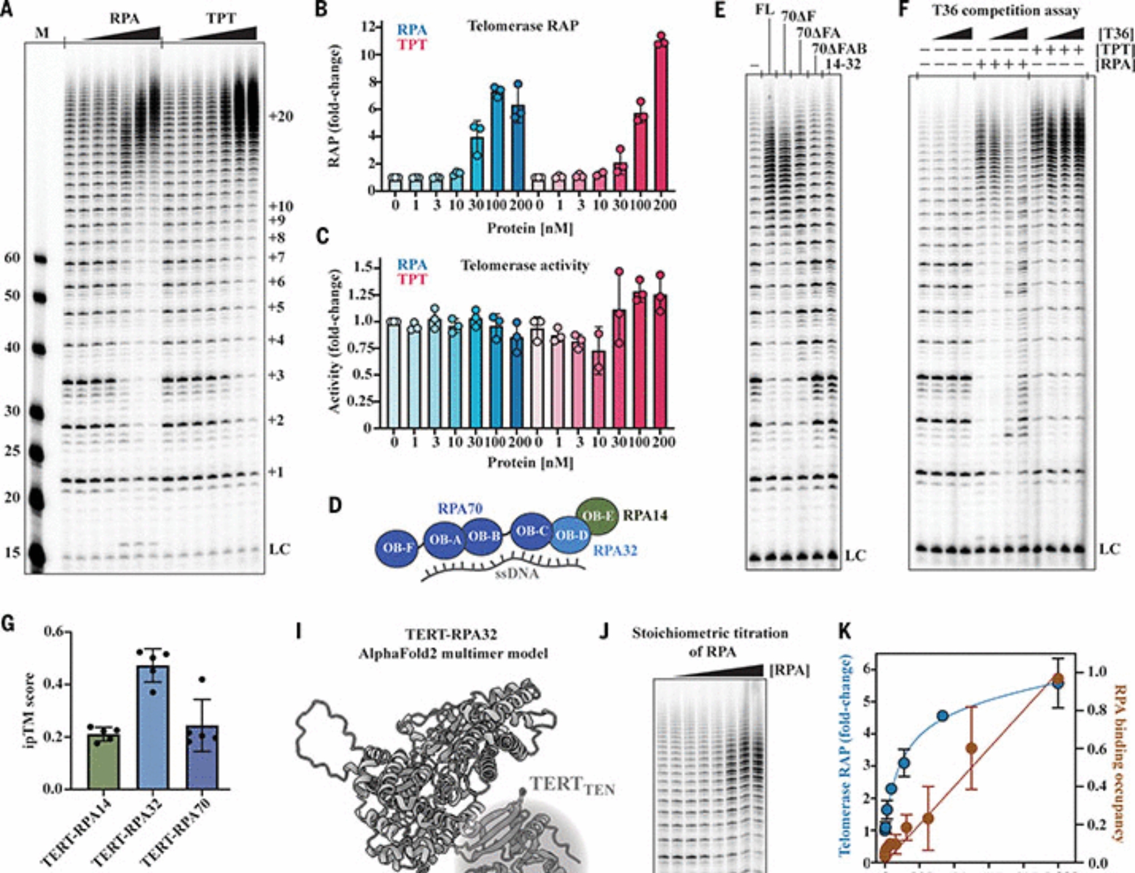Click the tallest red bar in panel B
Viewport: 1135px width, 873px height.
(x=661, y=116)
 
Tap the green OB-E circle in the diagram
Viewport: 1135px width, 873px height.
(x=598, y=516)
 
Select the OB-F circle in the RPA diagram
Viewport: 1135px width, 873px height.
(x=398, y=548)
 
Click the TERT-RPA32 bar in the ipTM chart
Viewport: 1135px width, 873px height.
(x=153, y=727)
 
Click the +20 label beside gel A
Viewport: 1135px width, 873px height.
(x=281, y=116)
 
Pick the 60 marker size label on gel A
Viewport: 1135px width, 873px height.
(x=12, y=258)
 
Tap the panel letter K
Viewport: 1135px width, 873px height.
(x=845, y=631)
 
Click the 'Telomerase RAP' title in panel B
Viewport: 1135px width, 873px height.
(x=523, y=26)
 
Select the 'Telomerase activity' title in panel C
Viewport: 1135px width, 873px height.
(x=525, y=266)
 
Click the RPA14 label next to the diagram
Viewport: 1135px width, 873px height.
(x=645, y=515)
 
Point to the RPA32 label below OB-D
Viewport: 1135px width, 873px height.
(x=615, y=551)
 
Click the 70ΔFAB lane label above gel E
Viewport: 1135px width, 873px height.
(x=839, y=49)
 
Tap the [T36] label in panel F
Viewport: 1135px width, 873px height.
(x=1116, y=34)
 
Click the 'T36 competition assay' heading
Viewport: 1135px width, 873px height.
(x=1006, y=10)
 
